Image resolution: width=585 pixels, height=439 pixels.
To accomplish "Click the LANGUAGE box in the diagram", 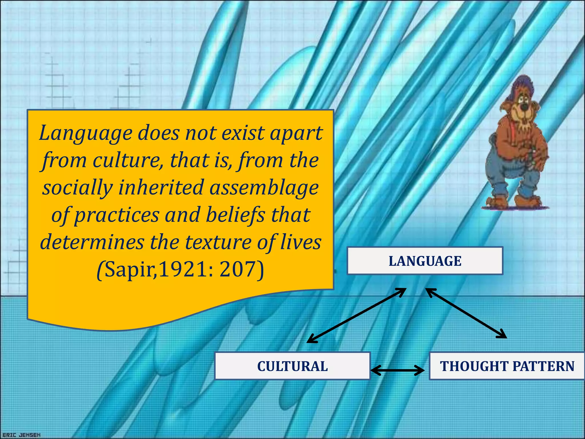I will coord(425,261).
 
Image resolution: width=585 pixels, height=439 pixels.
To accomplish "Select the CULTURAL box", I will coord(292,366).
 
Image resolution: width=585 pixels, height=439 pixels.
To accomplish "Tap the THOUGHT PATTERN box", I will coord(507,366).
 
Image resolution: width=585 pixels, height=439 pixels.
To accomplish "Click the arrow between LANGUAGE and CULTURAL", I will coord(356,315).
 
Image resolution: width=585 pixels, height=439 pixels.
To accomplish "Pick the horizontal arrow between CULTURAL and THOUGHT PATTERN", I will coord(397,370).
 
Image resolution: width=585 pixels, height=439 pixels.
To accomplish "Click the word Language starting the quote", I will coord(86,133).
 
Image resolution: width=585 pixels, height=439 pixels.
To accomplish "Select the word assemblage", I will coord(264,187).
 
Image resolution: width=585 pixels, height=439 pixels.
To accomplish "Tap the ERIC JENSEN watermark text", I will coord(22,435).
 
